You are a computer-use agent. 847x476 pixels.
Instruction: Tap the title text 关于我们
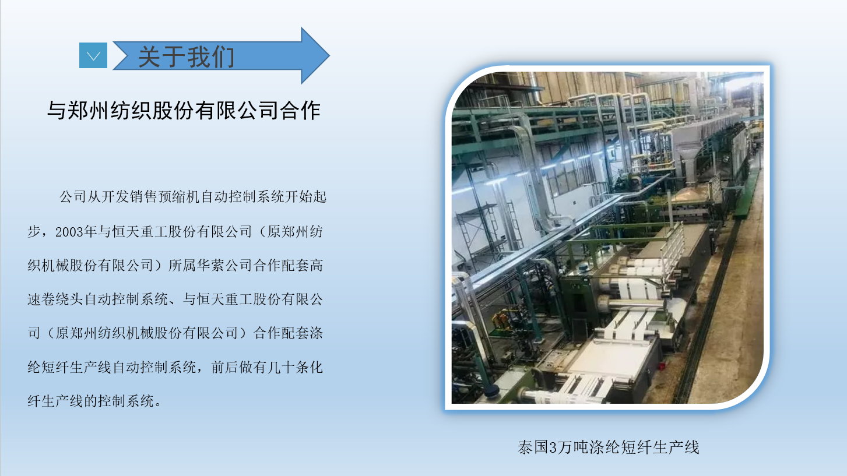coord(187,57)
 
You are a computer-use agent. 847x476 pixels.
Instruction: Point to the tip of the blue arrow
coord(329,55)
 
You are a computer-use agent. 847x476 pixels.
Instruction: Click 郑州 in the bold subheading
coord(89,110)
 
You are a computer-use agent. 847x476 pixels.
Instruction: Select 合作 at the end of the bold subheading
coord(300,110)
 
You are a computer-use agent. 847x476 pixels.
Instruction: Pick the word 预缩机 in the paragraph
coord(178,197)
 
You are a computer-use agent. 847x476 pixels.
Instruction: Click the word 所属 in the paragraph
coord(182,266)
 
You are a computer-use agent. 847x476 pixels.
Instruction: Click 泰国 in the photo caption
coord(533,447)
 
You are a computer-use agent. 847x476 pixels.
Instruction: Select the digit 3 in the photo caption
coord(553,447)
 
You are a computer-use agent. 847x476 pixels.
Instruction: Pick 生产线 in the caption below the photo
coord(676,447)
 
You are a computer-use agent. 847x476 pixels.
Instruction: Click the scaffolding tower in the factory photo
coord(477,231)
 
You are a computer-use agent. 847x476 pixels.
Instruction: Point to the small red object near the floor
coord(662,366)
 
